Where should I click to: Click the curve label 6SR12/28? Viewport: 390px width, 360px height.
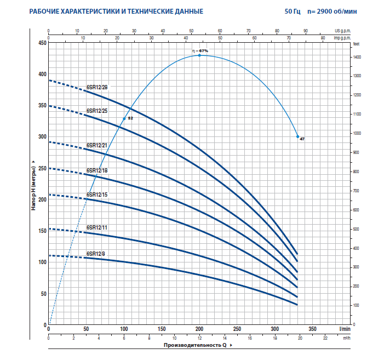point(97,87)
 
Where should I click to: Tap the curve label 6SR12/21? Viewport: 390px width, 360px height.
point(97,145)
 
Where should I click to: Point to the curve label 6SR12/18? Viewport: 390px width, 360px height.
point(97,170)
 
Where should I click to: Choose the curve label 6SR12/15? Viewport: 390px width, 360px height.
point(97,195)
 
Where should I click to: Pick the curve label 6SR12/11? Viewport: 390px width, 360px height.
point(97,227)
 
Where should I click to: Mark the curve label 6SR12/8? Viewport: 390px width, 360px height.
point(96,254)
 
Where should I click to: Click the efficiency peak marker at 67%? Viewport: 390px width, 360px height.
point(199,55)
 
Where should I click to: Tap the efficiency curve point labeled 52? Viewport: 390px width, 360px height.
point(124,118)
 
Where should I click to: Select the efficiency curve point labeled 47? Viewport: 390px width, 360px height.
point(298,136)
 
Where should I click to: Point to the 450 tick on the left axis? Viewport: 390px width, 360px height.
point(42,43)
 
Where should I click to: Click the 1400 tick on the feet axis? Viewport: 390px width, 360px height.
point(357,57)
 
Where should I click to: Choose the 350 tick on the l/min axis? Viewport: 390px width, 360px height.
point(312,329)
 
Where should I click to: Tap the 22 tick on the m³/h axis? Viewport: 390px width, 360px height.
point(325,338)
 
